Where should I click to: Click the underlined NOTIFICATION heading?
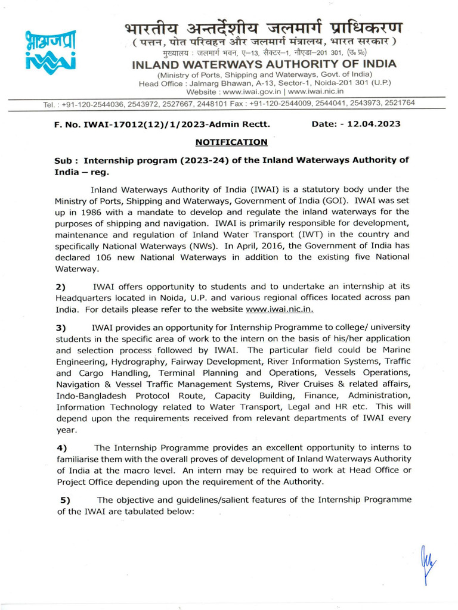(231, 142)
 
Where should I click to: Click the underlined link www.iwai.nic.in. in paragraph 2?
(280, 310)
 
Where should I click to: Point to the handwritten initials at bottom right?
(428, 563)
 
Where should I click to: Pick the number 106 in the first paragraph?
(104, 257)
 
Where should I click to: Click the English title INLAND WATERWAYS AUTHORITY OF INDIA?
(264, 64)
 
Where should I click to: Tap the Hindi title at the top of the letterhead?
(264, 27)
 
